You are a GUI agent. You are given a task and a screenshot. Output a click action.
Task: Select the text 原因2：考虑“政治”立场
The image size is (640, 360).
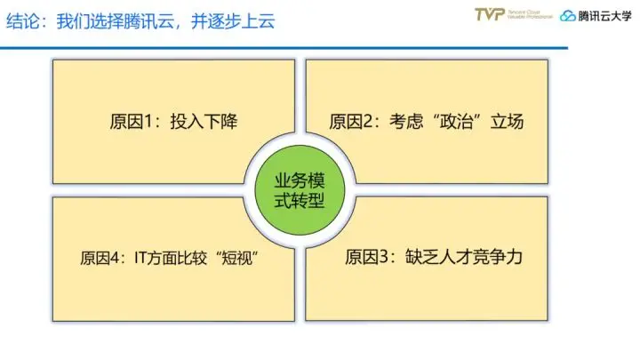(426, 121)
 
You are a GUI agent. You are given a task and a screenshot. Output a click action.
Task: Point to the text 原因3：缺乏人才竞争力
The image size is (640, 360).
(432, 258)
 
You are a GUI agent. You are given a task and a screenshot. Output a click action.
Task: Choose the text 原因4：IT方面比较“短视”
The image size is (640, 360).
(174, 259)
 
